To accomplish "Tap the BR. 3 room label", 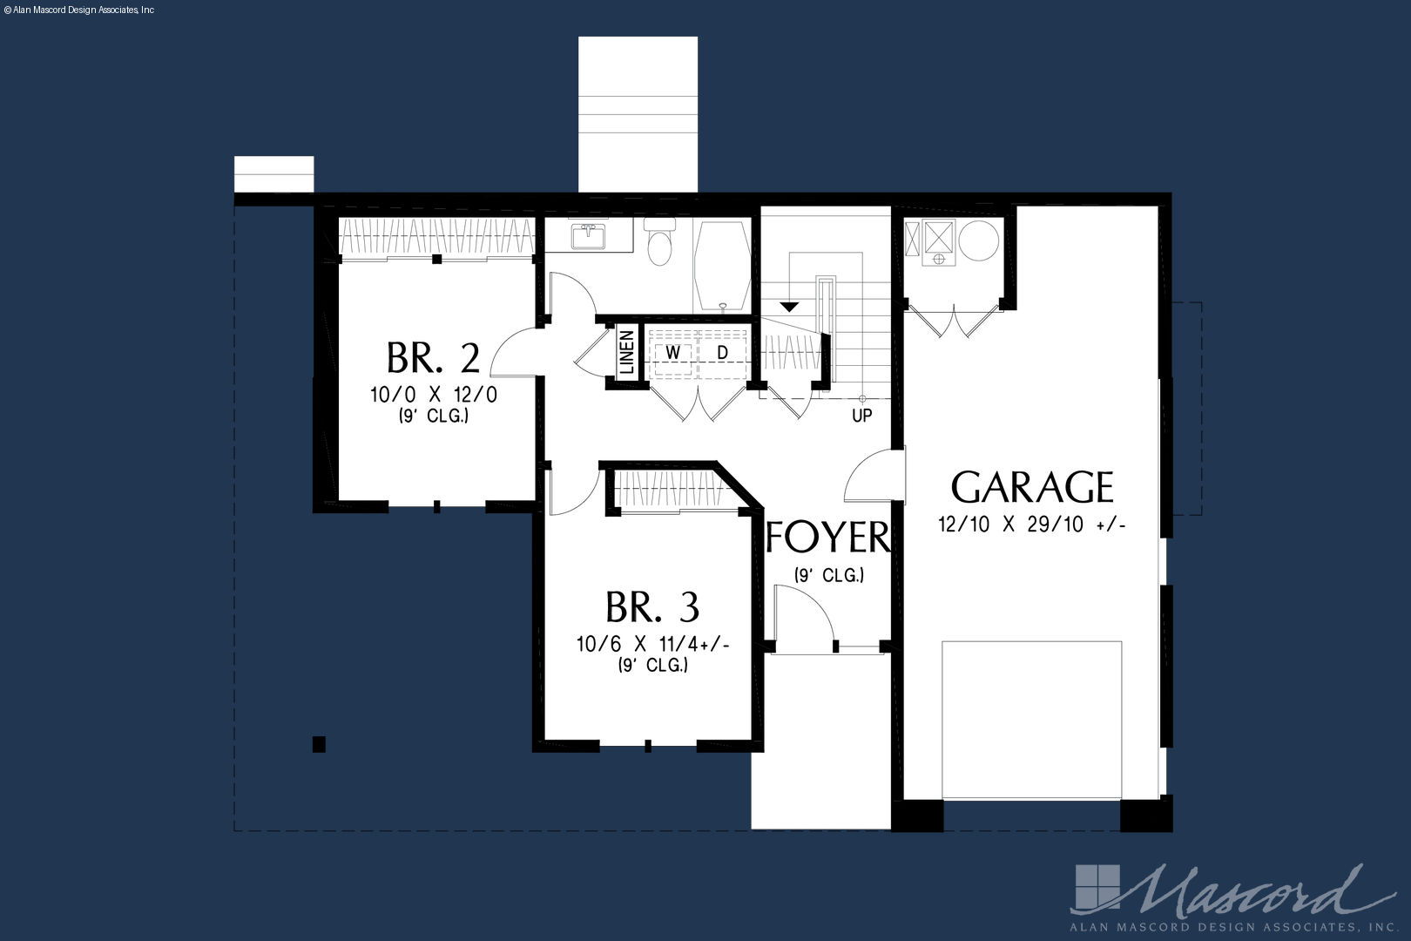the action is tap(652, 606).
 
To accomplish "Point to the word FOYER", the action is tap(827, 537).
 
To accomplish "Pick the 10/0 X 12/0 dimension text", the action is tap(434, 396).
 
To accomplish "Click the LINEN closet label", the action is tap(627, 352).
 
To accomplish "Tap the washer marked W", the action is tap(673, 353).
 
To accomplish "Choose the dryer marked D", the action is tap(722, 353).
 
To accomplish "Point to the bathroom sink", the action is tap(588, 236).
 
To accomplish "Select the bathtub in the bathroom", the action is tap(722, 266).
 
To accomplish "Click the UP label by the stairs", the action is tap(861, 416).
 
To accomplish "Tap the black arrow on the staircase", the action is tap(789, 307).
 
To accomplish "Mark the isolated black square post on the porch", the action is tap(320, 744).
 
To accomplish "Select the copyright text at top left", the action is tap(79, 10).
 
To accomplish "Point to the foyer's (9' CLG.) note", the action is tap(829, 575).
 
